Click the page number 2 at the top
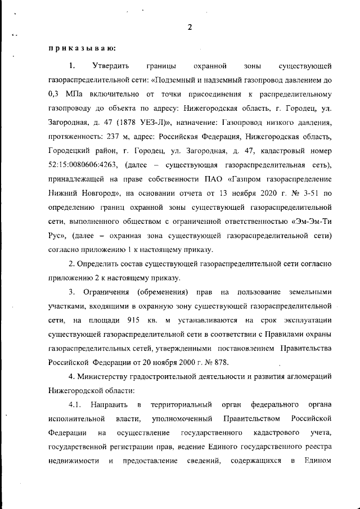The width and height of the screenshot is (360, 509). (x=190, y=27)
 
